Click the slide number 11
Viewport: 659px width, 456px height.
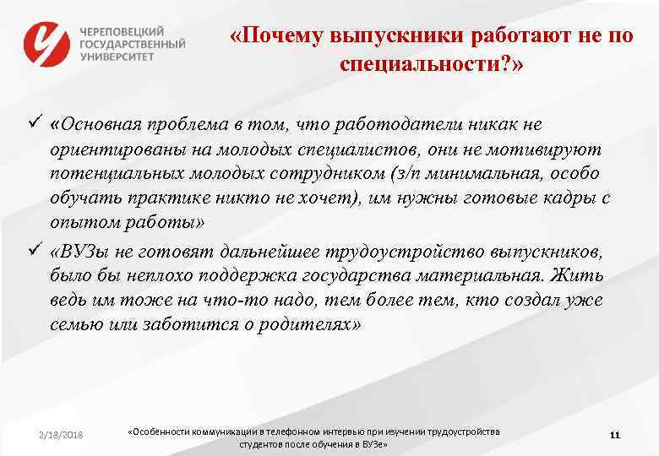pyautogui.click(x=614, y=435)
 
